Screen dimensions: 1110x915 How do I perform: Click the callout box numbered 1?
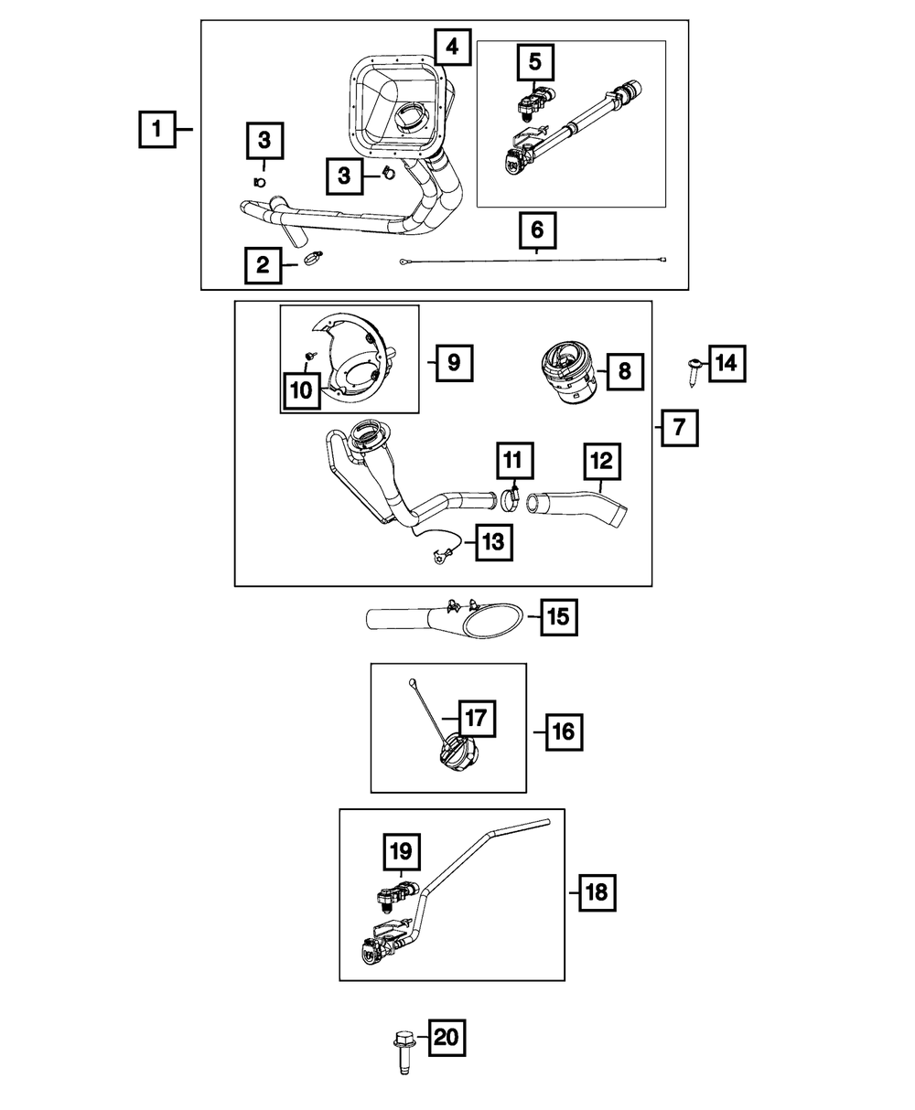tap(157, 130)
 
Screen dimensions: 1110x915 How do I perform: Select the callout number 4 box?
tap(453, 46)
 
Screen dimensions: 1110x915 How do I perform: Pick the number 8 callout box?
tap(624, 370)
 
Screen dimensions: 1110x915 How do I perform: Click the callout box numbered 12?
tap(600, 463)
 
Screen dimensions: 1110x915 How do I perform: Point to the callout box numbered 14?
tap(726, 364)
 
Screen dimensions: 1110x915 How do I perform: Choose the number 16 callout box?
tap(564, 731)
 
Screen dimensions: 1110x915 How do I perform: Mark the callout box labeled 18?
tap(596, 891)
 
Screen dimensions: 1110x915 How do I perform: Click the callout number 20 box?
tap(445, 1038)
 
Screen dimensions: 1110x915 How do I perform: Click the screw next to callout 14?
tap(692, 370)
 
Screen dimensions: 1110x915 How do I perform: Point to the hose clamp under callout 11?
tap(511, 498)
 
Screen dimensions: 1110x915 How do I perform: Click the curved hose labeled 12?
tap(586, 507)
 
